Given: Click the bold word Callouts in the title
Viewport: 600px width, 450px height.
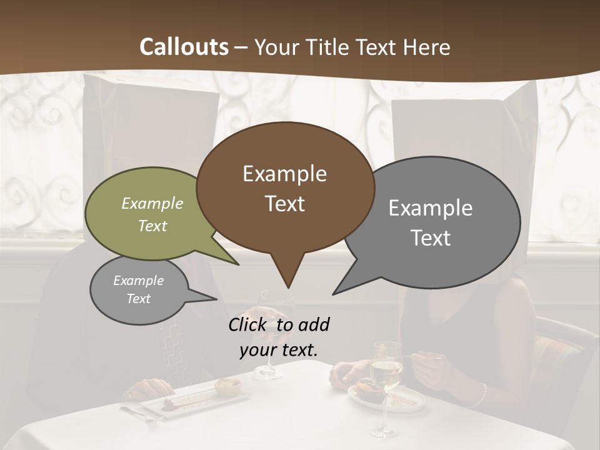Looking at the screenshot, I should [x=184, y=47].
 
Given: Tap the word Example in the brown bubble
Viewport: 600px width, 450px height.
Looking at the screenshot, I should [x=284, y=174].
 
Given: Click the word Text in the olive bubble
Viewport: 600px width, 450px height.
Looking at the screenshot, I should [x=152, y=226].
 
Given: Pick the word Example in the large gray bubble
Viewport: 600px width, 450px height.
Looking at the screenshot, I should [x=431, y=208].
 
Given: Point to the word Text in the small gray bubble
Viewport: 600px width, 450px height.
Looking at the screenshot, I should [x=139, y=299].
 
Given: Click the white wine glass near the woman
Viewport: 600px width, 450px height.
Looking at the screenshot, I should [x=385, y=375].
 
